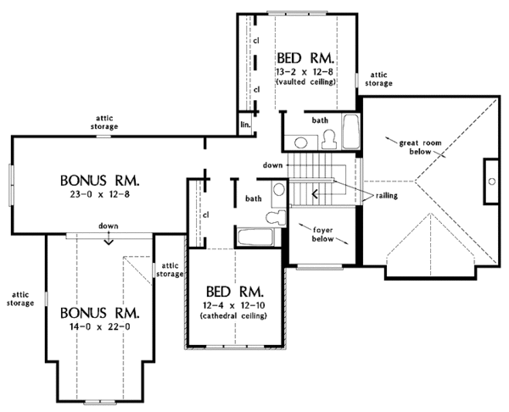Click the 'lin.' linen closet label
tap(245, 125)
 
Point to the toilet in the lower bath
tap(271, 218)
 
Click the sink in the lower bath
tap(279, 196)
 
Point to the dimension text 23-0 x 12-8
tap(99, 196)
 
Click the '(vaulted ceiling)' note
tap(307, 82)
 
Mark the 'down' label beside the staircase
tap(272, 164)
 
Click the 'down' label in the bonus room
tap(108, 226)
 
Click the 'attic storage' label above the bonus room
tap(105, 122)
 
